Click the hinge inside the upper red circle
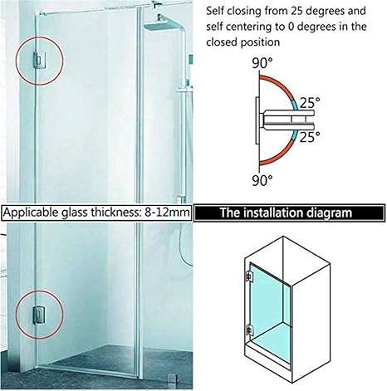pos(39,61)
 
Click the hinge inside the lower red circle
pos(39,315)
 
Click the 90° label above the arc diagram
pos(262,63)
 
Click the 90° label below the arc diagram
pos(262,180)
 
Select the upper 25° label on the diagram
pos(310,103)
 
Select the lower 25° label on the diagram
pos(310,137)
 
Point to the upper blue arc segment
pos(295,105)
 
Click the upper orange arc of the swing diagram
pos(280,83)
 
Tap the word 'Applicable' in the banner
pos(32,213)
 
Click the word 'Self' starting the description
pos(215,11)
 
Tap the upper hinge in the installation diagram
pos(249,276)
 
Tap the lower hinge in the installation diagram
pos(249,330)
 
